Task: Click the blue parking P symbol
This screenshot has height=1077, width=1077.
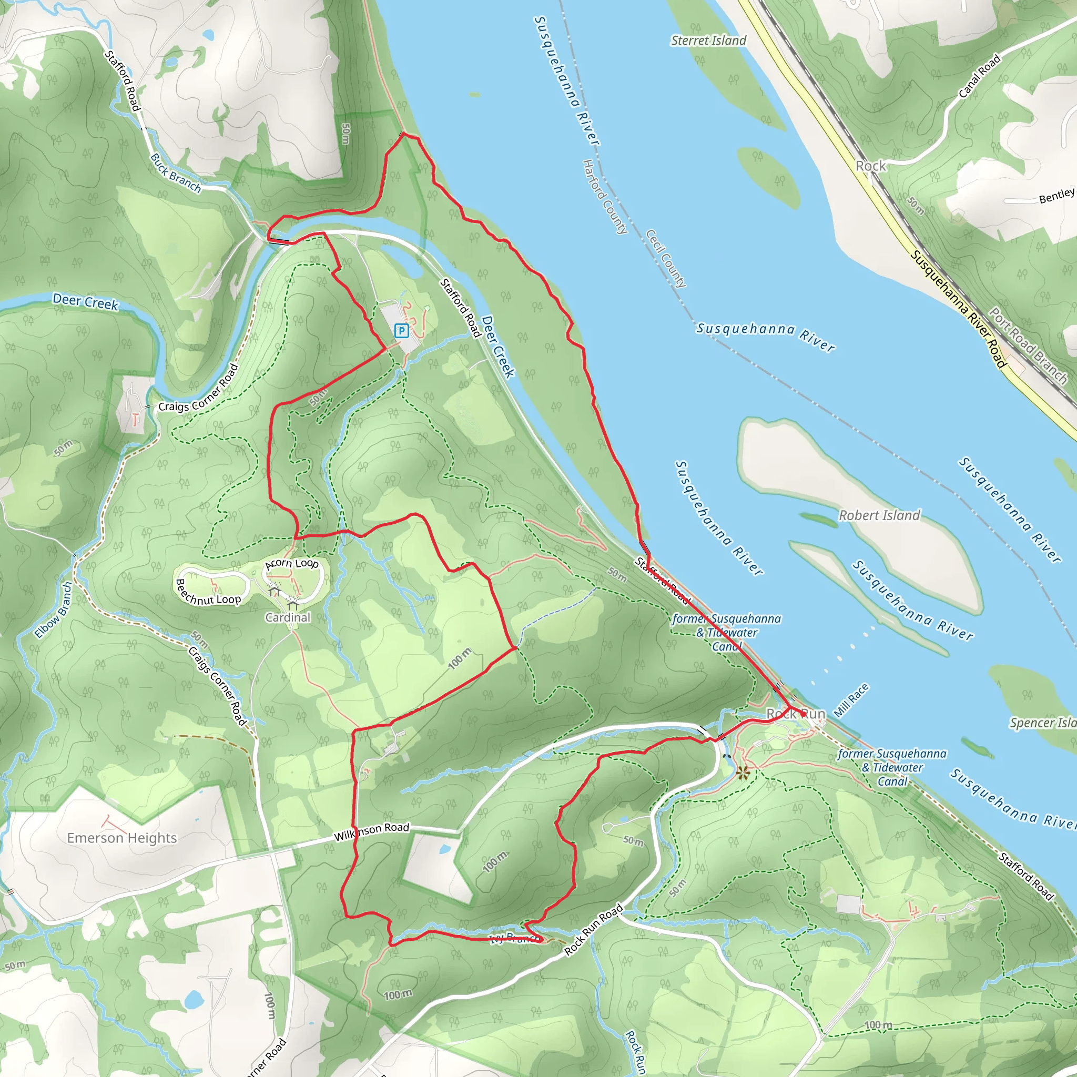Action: (x=401, y=331)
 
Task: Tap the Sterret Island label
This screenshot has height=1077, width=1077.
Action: (x=708, y=40)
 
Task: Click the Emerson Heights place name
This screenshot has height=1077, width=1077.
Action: (x=121, y=838)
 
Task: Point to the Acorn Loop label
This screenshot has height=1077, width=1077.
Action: (x=291, y=564)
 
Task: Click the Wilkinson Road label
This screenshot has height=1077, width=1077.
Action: (x=371, y=832)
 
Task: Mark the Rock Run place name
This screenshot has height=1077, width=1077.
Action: (x=796, y=714)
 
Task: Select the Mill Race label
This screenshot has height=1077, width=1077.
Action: (x=851, y=700)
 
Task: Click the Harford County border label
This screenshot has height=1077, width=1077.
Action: (x=604, y=196)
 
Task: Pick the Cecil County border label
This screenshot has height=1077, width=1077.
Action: (x=666, y=258)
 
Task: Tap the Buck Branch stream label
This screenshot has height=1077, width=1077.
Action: (x=176, y=174)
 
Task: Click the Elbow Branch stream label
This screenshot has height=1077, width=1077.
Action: (x=54, y=611)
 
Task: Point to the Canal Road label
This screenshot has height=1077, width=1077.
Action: (x=979, y=76)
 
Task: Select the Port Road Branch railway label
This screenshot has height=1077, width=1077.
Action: (x=1028, y=346)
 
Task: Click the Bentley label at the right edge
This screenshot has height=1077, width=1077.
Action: (x=1056, y=196)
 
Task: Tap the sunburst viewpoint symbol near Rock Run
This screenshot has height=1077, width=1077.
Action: (x=743, y=773)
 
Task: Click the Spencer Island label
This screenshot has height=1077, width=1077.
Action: (x=1042, y=723)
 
